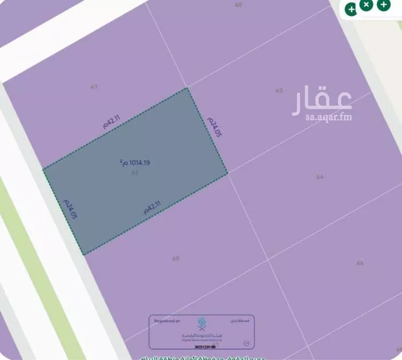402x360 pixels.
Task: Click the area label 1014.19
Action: click(135, 161)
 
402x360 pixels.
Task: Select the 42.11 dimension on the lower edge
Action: click(152, 207)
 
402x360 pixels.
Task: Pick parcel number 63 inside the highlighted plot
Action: click(135, 172)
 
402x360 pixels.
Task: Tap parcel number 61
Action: click(94, 86)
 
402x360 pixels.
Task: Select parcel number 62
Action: click(279, 91)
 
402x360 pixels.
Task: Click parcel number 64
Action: click(320, 176)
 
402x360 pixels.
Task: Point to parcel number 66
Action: click(360, 262)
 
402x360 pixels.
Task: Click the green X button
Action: click(366, 5)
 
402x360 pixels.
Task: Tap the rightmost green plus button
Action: click(383, 5)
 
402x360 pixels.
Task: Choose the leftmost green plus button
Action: click(351, 9)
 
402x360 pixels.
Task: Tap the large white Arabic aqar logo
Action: click(322, 100)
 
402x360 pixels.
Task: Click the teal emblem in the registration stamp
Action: click(202, 324)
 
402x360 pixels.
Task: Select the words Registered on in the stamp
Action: click(168, 320)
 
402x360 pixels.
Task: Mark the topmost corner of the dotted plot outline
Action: click(187, 88)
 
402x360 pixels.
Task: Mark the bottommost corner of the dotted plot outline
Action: click(84, 254)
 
